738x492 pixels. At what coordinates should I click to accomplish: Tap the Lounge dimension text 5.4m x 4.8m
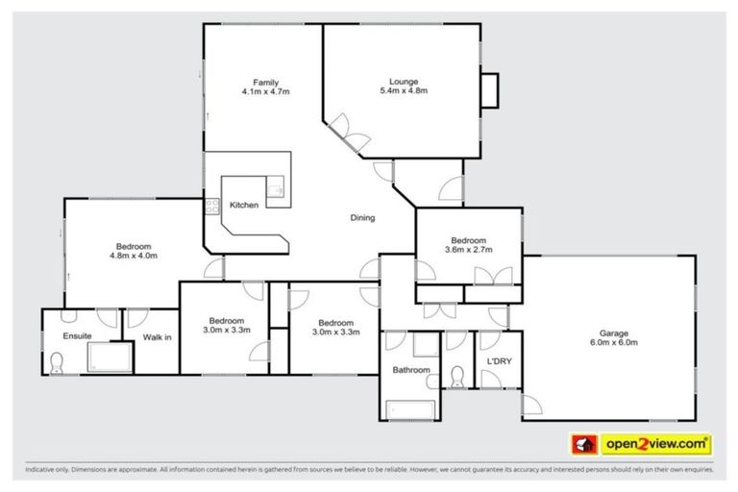point(403,91)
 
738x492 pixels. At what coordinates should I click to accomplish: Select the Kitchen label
point(243,206)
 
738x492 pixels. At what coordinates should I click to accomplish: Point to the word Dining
point(361,218)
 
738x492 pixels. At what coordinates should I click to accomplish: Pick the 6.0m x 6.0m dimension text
point(607,341)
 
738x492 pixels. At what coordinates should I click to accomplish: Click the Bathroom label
point(410,370)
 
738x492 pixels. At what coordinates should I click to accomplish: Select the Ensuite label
point(77,336)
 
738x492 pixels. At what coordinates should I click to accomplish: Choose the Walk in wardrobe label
point(157,336)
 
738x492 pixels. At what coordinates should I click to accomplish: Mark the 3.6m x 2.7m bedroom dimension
point(468,250)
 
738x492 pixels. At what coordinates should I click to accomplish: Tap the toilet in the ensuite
point(57,362)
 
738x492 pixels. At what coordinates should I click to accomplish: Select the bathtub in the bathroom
point(410,409)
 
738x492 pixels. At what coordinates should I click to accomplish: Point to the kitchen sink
point(275,187)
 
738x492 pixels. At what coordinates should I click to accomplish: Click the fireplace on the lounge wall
point(490,90)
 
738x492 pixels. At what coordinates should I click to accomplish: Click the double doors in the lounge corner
point(347,135)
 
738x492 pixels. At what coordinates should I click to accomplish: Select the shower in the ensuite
point(109,358)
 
